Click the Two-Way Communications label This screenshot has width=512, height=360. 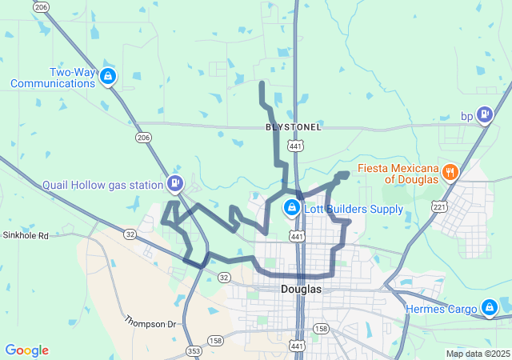53,77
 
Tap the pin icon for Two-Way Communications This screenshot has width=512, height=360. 109,77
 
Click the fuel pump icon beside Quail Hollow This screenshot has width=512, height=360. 174,183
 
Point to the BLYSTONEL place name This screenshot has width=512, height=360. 294,127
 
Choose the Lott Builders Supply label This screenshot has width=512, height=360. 353,210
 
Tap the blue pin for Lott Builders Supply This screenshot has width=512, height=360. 292,210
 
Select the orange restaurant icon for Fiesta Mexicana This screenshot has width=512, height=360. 450,171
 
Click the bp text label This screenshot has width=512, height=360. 467,116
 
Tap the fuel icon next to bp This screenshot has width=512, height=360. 485,116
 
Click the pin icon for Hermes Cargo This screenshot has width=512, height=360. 489,307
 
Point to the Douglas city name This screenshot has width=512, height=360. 301,289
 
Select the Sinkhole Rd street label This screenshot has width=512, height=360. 26,236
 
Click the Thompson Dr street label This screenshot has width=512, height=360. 150,322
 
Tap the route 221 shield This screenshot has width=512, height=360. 439,207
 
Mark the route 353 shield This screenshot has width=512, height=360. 194,350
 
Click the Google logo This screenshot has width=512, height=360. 26,350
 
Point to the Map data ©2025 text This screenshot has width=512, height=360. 477,354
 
